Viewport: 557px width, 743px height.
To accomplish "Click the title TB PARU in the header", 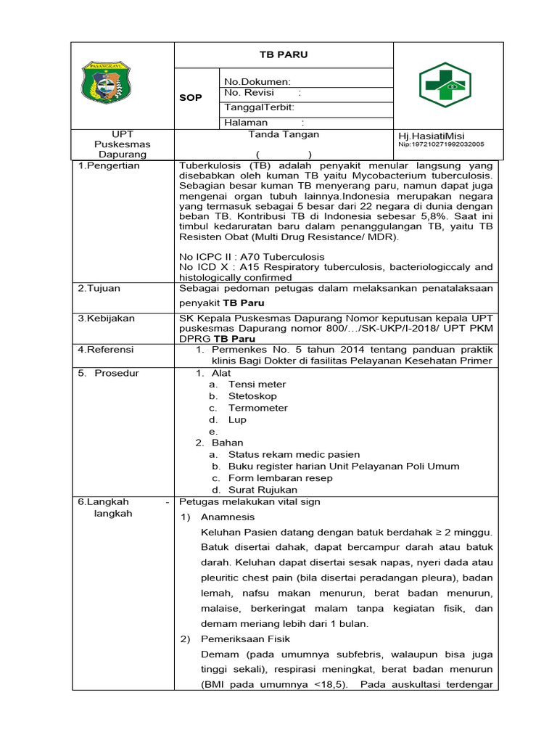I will (x=284, y=54).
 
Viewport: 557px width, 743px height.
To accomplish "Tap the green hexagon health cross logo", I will (x=445, y=85).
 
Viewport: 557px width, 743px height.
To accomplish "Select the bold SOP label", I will (x=191, y=97).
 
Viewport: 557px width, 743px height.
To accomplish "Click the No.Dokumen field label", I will (x=257, y=81).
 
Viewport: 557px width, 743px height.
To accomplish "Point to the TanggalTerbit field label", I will (x=259, y=107).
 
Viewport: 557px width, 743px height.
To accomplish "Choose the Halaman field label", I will (x=247, y=123).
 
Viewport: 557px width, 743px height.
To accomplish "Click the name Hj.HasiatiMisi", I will (x=432, y=136).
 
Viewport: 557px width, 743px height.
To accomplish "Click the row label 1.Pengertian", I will (x=109, y=165).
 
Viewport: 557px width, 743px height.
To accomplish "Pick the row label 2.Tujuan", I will (x=99, y=288).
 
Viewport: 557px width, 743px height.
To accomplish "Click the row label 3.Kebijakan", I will (x=106, y=318).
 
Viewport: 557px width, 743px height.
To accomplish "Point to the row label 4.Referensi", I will (x=107, y=350).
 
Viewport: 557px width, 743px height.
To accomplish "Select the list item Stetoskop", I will (x=252, y=396).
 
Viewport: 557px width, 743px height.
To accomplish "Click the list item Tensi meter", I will (x=257, y=385).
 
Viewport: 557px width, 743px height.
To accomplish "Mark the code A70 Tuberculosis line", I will (x=252, y=257).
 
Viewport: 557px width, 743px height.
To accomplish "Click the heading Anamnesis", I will (x=227, y=517).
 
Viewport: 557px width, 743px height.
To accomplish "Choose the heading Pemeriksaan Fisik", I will (x=245, y=639).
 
